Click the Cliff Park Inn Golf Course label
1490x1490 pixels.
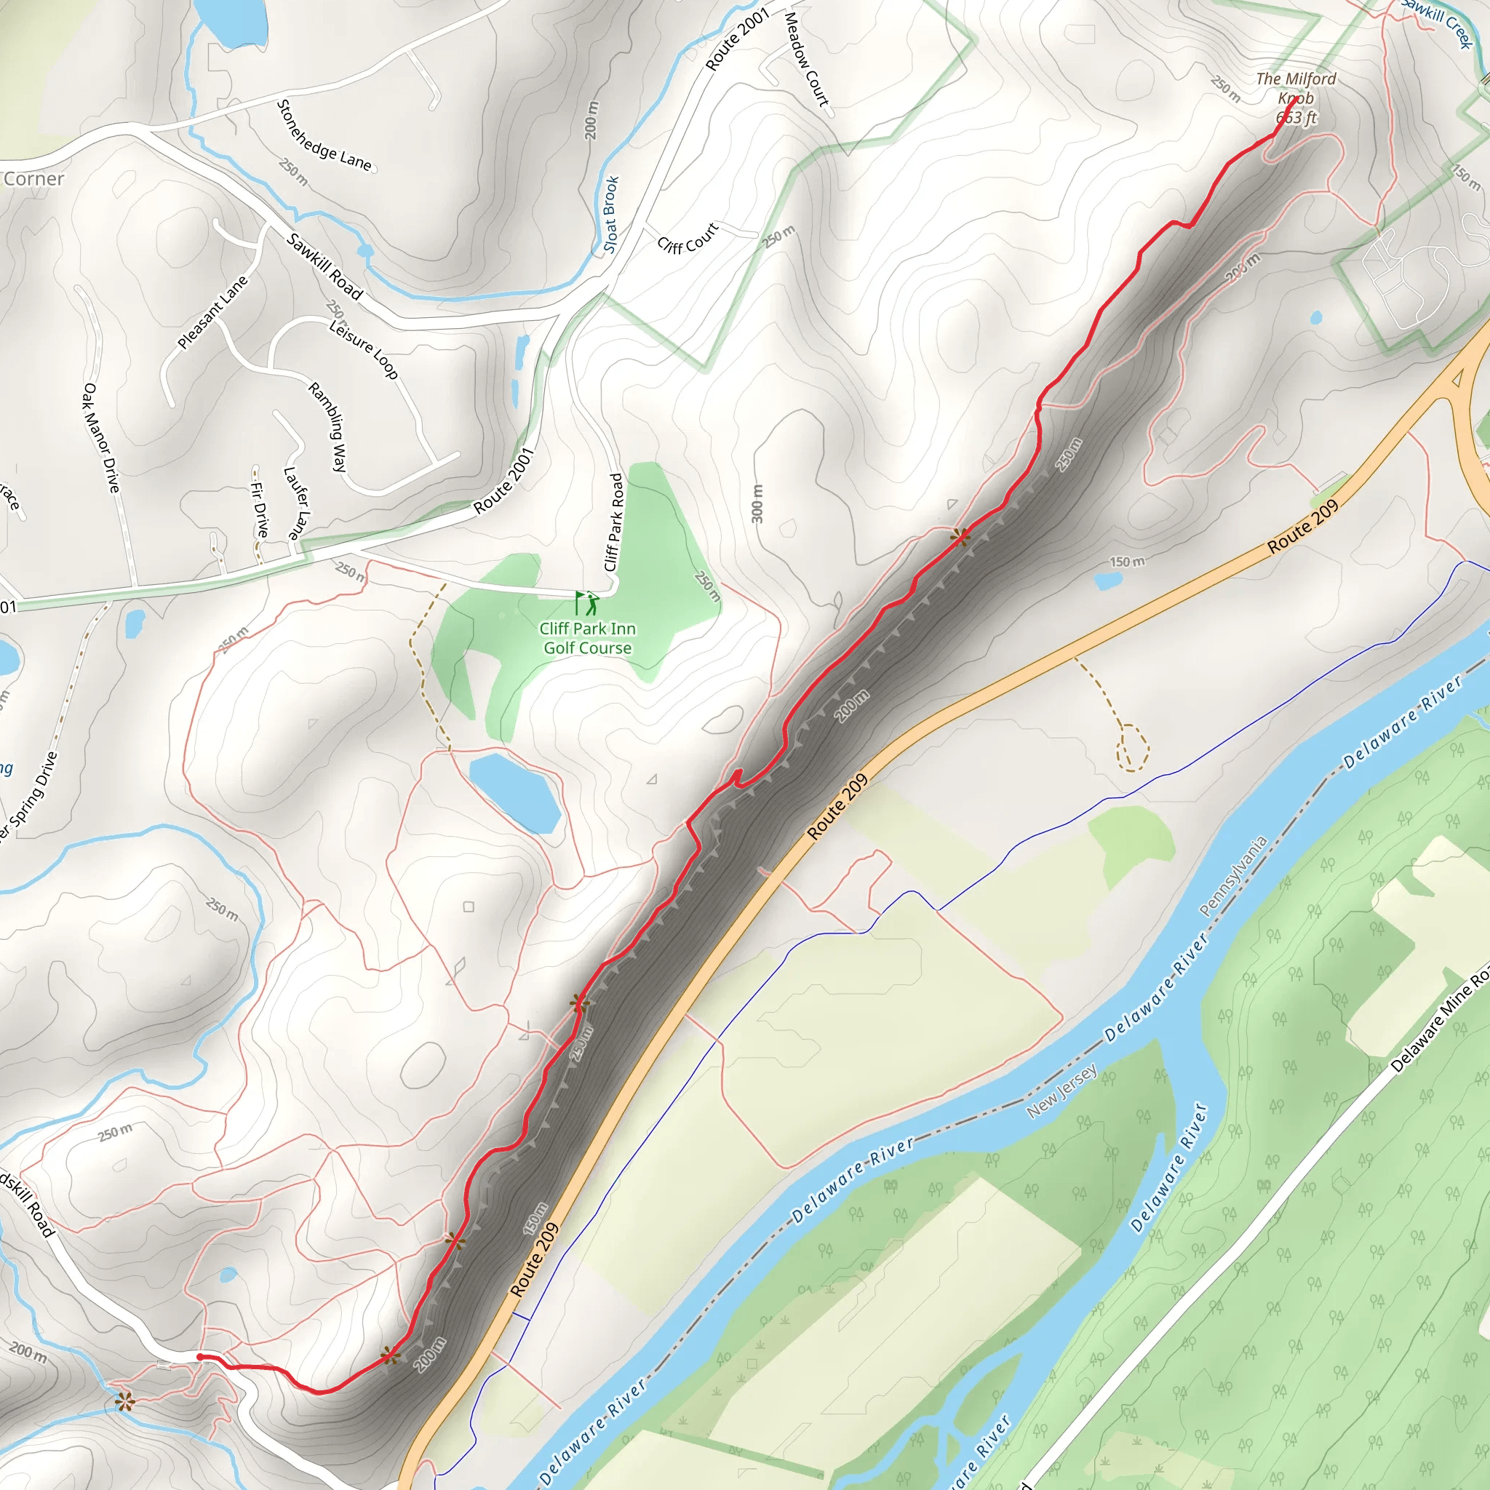(x=588, y=639)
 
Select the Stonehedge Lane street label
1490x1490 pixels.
(x=324, y=137)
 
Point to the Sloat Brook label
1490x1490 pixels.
(x=611, y=215)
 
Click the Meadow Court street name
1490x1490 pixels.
(x=806, y=60)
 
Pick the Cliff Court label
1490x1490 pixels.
(x=688, y=237)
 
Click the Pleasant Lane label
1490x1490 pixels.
(x=213, y=312)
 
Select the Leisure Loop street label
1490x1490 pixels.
(x=363, y=349)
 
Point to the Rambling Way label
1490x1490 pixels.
(x=329, y=426)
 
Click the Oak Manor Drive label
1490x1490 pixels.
(x=101, y=437)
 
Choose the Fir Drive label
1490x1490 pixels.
(x=260, y=509)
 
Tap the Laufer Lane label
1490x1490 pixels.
(x=296, y=503)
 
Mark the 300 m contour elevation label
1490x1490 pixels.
(x=757, y=503)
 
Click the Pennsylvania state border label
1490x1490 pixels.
(x=1233, y=877)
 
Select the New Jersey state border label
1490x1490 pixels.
(x=1062, y=1091)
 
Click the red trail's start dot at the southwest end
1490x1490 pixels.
(x=200, y=1357)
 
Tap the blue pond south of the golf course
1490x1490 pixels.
(x=514, y=794)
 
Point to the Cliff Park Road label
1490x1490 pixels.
(x=614, y=522)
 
